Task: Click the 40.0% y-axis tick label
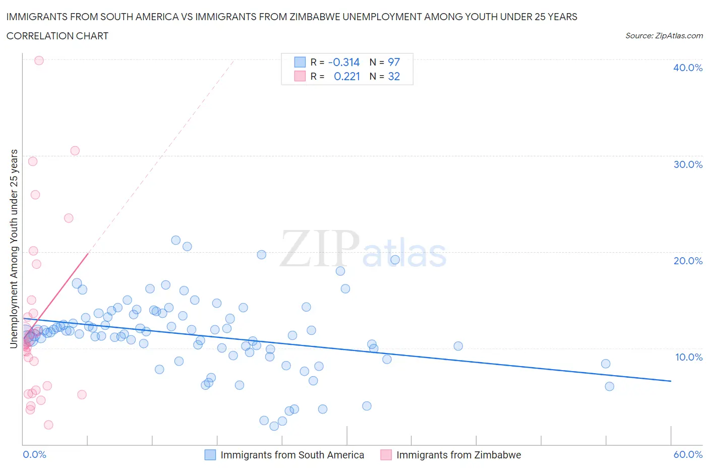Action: click(688, 68)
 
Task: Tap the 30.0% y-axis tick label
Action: click(688, 164)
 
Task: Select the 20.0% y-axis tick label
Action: click(688, 261)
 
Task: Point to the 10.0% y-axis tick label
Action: click(688, 357)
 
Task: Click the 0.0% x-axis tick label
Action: click(34, 454)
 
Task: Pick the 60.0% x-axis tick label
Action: click(688, 454)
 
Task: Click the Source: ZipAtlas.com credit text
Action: click(664, 36)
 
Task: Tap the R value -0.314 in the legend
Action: click(343, 62)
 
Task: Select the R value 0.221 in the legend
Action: click(346, 76)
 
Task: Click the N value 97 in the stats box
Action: click(393, 62)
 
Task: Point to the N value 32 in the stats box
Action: click(393, 76)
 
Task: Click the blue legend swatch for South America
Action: click(210, 455)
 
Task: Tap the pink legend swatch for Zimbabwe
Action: click(386, 455)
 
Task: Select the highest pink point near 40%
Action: click(39, 61)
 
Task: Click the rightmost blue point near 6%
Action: click(609, 386)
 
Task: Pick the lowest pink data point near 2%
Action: click(48, 425)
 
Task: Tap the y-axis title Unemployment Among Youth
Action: click(14, 249)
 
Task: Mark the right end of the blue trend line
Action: click(671, 381)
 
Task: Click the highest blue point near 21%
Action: click(175, 240)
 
